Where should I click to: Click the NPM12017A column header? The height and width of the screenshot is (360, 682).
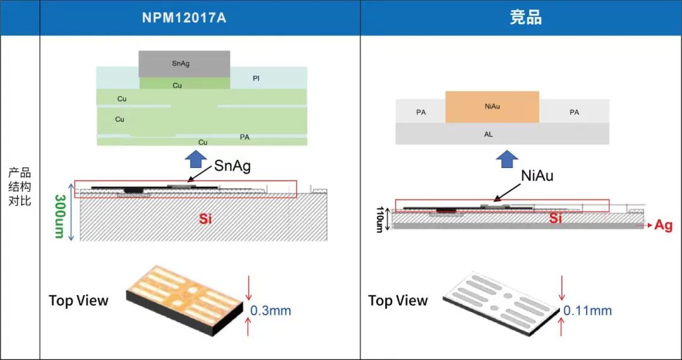click(x=184, y=18)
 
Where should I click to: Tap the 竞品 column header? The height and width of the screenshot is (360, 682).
click(x=525, y=18)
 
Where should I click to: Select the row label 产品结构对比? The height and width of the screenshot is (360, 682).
click(x=20, y=188)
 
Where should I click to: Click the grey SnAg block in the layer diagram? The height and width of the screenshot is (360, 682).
click(x=184, y=64)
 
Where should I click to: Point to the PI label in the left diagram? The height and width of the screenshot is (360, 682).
click(x=256, y=79)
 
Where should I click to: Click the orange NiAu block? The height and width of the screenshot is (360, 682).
click(x=493, y=107)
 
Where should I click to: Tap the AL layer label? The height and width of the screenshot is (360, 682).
click(x=488, y=135)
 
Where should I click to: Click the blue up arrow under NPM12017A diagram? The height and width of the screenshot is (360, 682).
click(x=196, y=159)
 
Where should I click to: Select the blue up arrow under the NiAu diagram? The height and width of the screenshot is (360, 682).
click(x=507, y=159)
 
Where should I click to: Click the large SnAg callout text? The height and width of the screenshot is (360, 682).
click(x=232, y=165)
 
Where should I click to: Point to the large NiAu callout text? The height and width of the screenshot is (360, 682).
click(x=537, y=176)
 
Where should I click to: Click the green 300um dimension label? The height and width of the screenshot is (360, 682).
click(x=60, y=216)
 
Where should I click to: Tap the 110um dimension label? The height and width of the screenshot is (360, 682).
click(x=380, y=220)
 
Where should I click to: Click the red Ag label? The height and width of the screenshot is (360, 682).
click(x=664, y=225)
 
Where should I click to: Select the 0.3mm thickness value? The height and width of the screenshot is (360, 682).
click(x=270, y=311)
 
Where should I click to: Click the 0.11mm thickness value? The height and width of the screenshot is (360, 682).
click(x=588, y=311)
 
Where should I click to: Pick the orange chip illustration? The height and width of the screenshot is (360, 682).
click(x=185, y=301)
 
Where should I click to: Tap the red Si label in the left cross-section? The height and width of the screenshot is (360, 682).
click(x=206, y=219)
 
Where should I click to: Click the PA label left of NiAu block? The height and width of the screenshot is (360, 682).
click(x=421, y=112)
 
